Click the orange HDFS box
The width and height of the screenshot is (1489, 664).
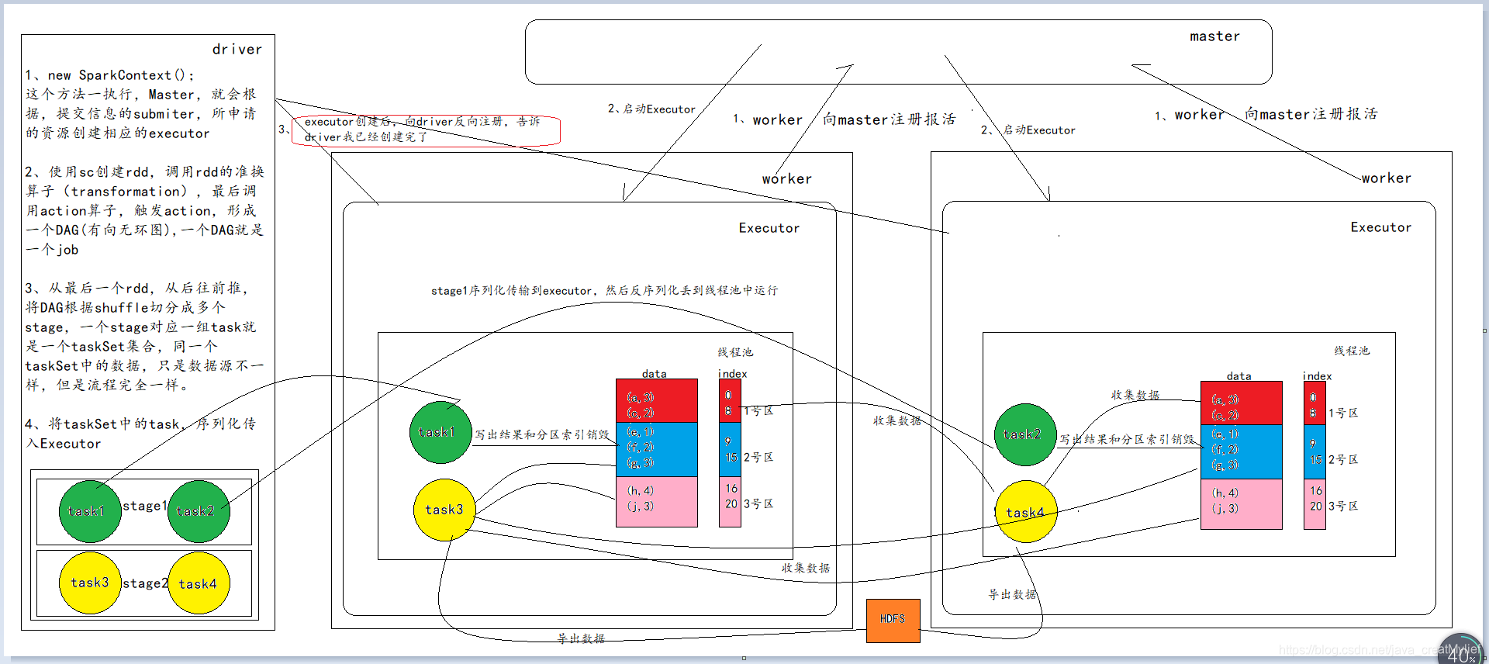(x=893, y=620)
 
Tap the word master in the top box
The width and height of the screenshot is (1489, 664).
(x=1214, y=36)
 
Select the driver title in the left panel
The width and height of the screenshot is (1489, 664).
(x=237, y=50)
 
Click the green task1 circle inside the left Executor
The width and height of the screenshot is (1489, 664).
(x=440, y=432)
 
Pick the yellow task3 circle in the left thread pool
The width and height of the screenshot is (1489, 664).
(x=444, y=510)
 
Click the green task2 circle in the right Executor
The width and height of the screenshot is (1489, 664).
(x=1024, y=434)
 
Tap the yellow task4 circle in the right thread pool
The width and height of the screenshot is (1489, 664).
(x=1025, y=512)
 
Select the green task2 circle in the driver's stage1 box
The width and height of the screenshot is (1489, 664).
(x=198, y=511)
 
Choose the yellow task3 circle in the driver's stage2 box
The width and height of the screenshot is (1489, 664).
(x=90, y=583)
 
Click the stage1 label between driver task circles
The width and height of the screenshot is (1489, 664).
(x=145, y=506)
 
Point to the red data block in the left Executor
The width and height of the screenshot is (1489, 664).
(x=656, y=400)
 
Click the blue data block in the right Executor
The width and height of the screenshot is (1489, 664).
(x=1241, y=451)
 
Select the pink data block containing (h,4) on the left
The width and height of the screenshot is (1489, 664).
(x=656, y=501)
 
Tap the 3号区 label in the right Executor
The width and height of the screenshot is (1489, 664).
(x=1343, y=507)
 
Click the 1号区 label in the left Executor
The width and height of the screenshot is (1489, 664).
(x=758, y=411)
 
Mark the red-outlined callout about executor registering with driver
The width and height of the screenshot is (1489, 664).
(x=426, y=130)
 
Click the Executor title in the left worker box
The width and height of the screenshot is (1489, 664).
(x=769, y=228)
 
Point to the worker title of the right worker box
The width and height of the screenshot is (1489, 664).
(x=1386, y=178)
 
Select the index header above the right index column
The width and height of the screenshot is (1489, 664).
(x=1317, y=376)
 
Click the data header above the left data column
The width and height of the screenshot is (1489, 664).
(x=654, y=374)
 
